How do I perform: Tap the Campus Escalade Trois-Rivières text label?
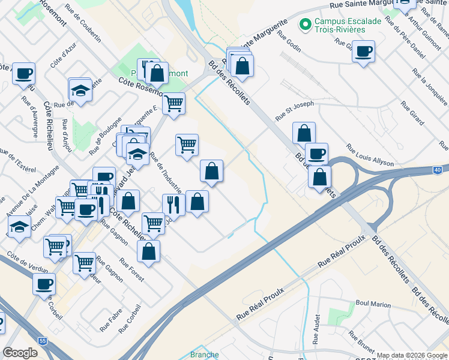pyautogui.click(x=340, y=25)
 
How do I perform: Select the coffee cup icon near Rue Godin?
pyautogui.click(x=363, y=51)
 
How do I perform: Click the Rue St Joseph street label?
pyautogui.click(x=294, y=109)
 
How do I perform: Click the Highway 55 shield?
pyautogui.click(x=42, y=340)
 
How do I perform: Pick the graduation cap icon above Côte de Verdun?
pyautogui.click(x=19, y=227)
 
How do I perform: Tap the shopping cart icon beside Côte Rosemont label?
pyautogui.click(x=173, y=103)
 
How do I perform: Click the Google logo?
pyautogui.click(x=20, y=353)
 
